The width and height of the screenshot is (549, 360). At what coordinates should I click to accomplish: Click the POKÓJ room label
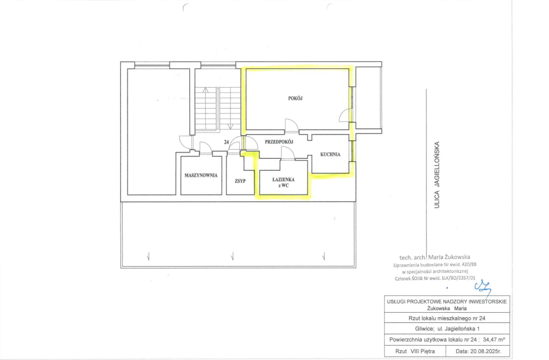295,98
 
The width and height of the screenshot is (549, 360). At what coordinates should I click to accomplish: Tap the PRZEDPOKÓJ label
279,142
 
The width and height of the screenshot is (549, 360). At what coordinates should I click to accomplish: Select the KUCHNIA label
330,154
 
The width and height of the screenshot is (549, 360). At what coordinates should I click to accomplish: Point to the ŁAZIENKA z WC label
283,183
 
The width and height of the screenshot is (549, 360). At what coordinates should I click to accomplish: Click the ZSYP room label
240,181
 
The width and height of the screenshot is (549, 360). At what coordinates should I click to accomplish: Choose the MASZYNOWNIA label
201,175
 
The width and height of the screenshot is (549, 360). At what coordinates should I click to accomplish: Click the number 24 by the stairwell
226,142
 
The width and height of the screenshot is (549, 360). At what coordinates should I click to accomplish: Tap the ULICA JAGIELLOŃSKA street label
437,175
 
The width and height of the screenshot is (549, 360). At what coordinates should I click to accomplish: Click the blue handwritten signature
483,287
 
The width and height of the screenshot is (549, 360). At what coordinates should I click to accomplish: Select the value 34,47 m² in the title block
494,339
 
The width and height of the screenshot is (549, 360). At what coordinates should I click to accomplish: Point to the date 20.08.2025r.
478,351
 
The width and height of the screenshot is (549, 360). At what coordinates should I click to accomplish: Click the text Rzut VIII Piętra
415,351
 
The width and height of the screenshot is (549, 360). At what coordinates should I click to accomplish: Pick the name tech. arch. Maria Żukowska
435,257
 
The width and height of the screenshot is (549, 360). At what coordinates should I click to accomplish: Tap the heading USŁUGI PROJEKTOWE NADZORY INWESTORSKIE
447,301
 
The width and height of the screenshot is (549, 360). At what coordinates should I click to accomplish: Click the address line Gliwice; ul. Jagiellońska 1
447,329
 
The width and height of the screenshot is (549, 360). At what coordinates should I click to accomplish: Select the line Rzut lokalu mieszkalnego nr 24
447,319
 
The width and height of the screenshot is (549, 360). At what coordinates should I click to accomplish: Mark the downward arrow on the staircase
230,125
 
